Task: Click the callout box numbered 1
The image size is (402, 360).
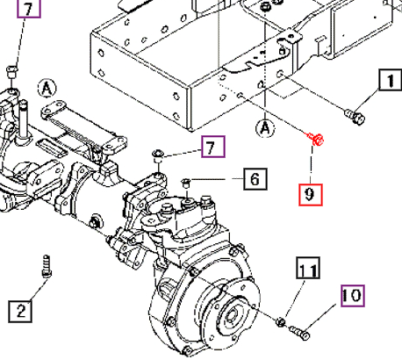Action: coord(387,82)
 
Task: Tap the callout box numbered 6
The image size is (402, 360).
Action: coord(252,181)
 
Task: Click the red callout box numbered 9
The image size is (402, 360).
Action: coord(311,191)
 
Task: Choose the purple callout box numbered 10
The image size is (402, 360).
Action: coord(350,296)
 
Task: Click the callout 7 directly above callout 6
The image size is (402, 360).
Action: coord(212,147)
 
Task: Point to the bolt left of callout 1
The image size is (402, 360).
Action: coord(354,114)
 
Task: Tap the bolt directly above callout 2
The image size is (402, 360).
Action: coord(46,265)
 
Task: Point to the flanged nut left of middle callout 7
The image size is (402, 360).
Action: coord(159,155)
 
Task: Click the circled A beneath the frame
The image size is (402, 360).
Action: coord(262,130)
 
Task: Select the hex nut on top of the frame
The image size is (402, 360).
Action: coord(265,7)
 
